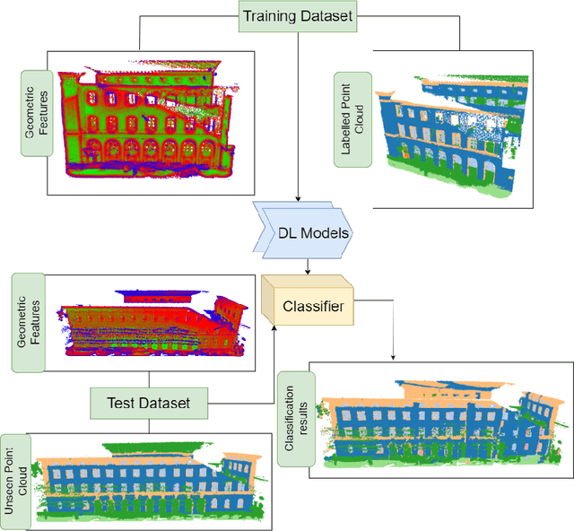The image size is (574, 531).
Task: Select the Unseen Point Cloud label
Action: (x=14, y=480)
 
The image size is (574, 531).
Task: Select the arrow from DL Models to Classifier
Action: (x=309, y=262)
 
